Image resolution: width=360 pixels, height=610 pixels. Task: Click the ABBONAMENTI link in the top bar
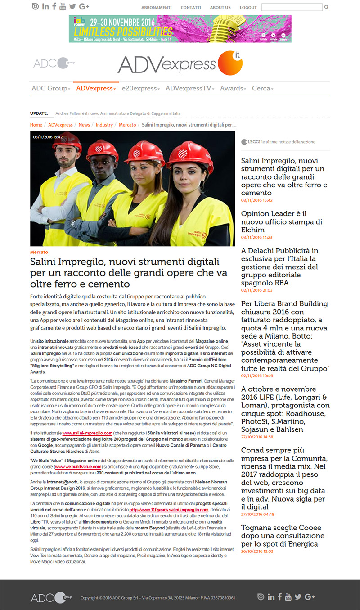[157, 8]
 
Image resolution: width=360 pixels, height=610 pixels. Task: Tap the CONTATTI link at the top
[191, 8]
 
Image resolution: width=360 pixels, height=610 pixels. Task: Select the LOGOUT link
[248, 8]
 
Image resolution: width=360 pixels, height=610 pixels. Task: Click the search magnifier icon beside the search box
[327, 7]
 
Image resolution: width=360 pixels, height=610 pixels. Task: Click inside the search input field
[292, 7]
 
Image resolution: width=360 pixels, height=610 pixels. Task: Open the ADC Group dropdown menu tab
[51, 89]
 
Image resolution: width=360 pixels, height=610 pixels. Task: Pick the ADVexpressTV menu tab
[189, 89]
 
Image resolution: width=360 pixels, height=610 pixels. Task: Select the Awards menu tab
[233, 89]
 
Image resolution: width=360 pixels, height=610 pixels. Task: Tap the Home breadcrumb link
[36, 125]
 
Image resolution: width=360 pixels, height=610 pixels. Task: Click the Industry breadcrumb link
[104, 125]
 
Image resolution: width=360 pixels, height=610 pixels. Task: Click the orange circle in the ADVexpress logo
[229, 63]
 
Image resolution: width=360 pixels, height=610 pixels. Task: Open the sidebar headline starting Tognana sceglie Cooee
[283, 536]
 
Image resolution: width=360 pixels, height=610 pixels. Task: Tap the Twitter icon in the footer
[298, 597]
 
